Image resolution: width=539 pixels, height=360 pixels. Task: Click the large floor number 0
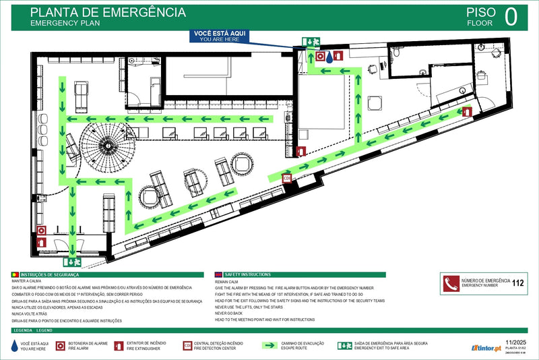[x=511, y=16]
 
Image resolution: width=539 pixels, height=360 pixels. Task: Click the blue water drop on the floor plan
[x=328, y=57]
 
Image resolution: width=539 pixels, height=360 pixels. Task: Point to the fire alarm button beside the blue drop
[x=320, y=57]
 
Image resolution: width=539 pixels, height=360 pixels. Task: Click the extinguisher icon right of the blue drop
[x=339, y=57]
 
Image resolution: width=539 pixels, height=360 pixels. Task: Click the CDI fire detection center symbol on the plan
[x=288, y=178]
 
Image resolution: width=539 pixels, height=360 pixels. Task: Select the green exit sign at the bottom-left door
[x=72, y=262]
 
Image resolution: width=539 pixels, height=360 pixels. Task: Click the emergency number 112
[x=518, y=283]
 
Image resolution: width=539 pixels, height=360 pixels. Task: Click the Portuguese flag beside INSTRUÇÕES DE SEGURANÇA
[x=15, y=275]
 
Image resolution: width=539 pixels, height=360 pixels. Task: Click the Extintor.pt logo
[x=484, y=348]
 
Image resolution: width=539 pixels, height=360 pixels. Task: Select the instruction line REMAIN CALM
[x=227, y=282]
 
